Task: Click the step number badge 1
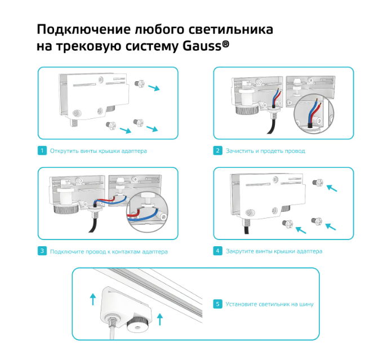point(42,151)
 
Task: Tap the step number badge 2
point(217,151)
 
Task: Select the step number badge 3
point(42,251)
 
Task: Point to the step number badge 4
point(217,251)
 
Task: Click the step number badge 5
point(217,304)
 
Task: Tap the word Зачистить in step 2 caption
point(241,151)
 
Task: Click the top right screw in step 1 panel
point(138,84)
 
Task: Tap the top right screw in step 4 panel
point(318,183)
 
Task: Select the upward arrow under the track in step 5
point(161,319)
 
